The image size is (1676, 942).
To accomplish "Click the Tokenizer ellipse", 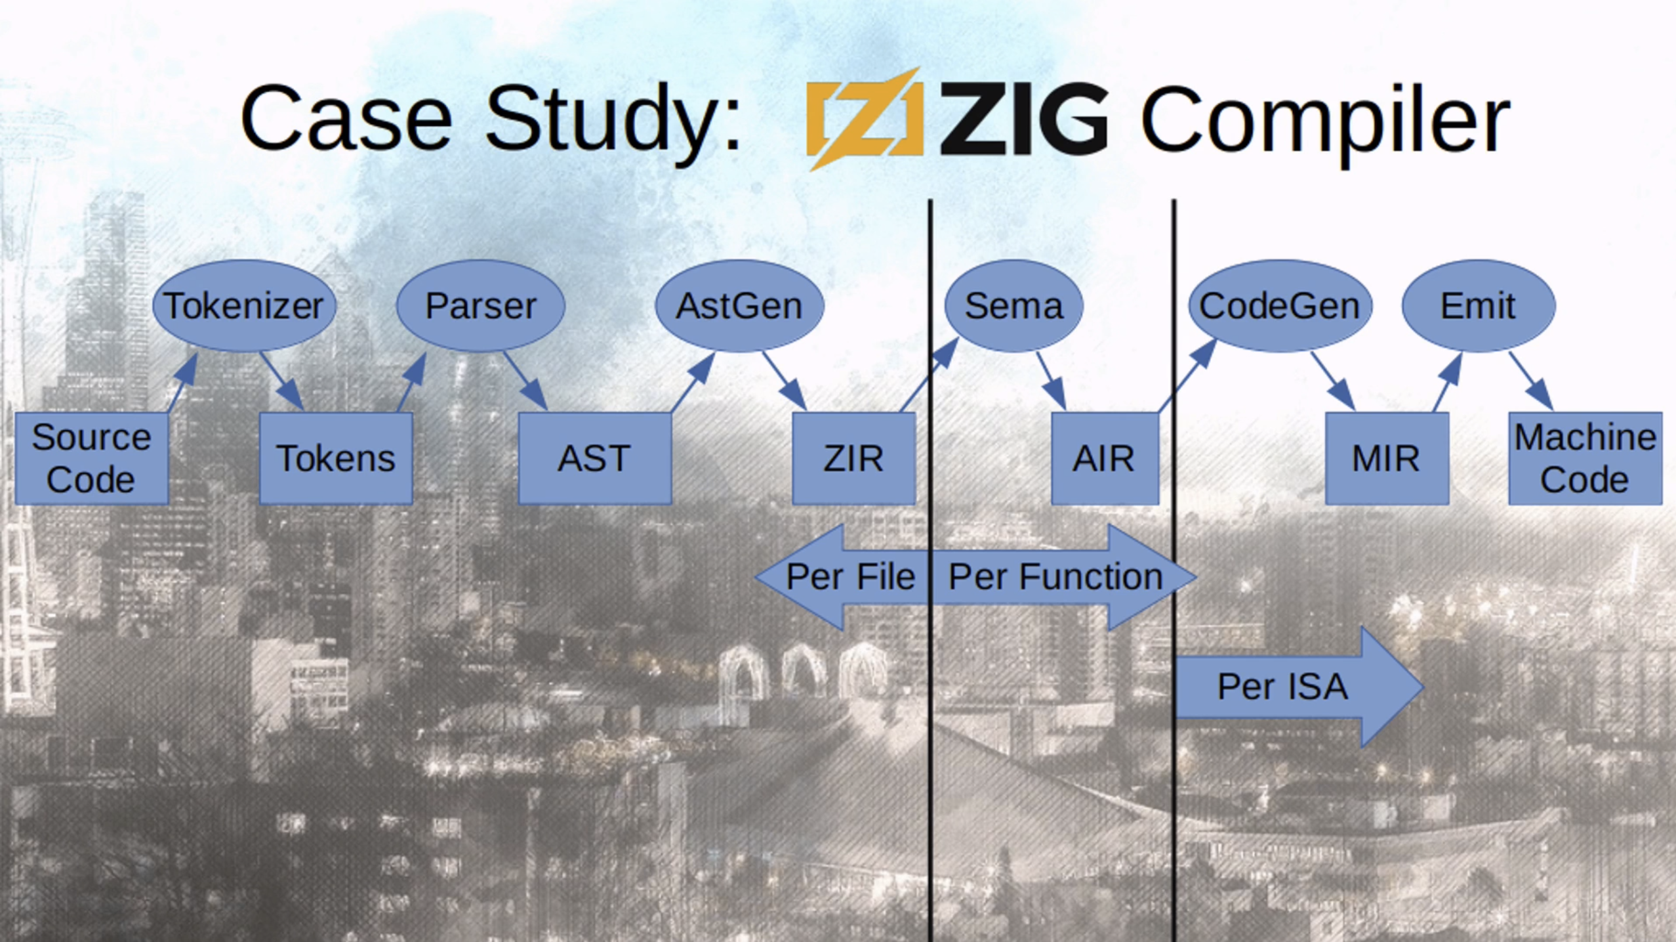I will click(x=244, y=306).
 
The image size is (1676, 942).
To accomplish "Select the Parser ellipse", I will click(x=480, y=306).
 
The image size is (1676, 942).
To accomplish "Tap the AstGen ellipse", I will click(x=739, y=306).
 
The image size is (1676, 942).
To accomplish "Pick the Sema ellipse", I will click(x=1013, y=306).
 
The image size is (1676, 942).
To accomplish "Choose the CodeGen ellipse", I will click(x=1280, y=306).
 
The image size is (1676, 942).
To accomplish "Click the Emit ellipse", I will click(x=1478, y=306).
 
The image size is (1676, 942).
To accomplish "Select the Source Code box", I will click(x=91, y=458).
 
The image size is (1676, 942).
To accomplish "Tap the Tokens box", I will click(x=336, y=458).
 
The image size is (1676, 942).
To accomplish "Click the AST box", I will click(x=594, y=458).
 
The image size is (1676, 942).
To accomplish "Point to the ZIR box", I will click(x=853, y=458).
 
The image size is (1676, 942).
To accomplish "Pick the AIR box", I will click(x=1104, y=458).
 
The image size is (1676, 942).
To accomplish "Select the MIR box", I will click(x=1386, y=458).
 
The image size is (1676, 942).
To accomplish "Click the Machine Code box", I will click(x=1585, y=458).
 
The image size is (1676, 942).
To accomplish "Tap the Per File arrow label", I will click(x=850, y=577).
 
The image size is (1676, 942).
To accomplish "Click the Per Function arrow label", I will click(x=1055, y=577).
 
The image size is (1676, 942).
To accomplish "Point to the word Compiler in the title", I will click(x=1325, y=121).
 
